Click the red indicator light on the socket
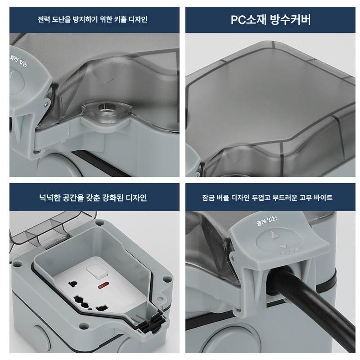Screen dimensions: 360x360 click(102, 286)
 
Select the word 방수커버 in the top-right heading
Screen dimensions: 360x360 click(290, 19)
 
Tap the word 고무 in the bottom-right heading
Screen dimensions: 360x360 click(306, 198)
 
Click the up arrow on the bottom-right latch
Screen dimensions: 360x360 click(273, 234)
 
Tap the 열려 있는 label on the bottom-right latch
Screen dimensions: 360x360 click(266, 220)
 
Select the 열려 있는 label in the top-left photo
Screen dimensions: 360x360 click(18, 60)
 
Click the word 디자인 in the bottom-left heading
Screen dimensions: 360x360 click(136, 198)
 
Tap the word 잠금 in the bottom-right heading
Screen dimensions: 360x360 click(208, 198)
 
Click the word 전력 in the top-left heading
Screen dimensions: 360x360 click(44, 19)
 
